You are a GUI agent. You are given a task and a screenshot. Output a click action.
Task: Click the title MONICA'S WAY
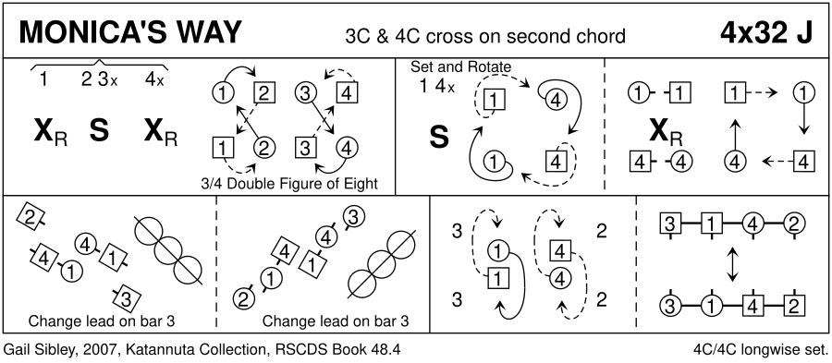click(130, 33)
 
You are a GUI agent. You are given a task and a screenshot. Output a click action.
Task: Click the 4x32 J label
click(766, 33)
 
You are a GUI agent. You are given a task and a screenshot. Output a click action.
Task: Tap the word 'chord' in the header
click(597, 36)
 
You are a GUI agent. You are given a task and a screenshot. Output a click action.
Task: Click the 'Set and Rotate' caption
click(460, 67)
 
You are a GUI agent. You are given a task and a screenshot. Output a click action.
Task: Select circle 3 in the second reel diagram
click(356, 217)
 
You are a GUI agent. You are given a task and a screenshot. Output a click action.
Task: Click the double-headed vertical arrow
click(733, 264)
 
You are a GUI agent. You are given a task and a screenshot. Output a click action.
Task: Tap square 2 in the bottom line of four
click(794, 305)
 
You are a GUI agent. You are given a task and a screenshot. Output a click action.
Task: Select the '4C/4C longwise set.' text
click(760, 349)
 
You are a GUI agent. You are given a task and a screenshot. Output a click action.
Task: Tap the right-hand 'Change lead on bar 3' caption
click(336, 321)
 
